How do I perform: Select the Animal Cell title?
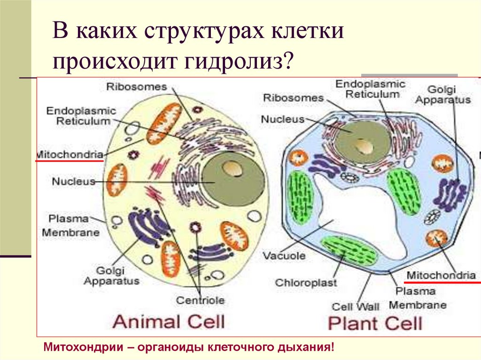(169, 322)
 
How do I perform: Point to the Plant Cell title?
(375, 323)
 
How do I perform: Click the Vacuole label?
(284, 256)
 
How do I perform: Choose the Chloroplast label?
(300, 283)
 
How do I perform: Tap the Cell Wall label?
(355, 307)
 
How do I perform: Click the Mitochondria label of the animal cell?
(70, 154)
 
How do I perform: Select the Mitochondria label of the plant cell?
(441, 275)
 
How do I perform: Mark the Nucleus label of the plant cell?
(283, 119)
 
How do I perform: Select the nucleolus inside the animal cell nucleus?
(230, 168)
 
